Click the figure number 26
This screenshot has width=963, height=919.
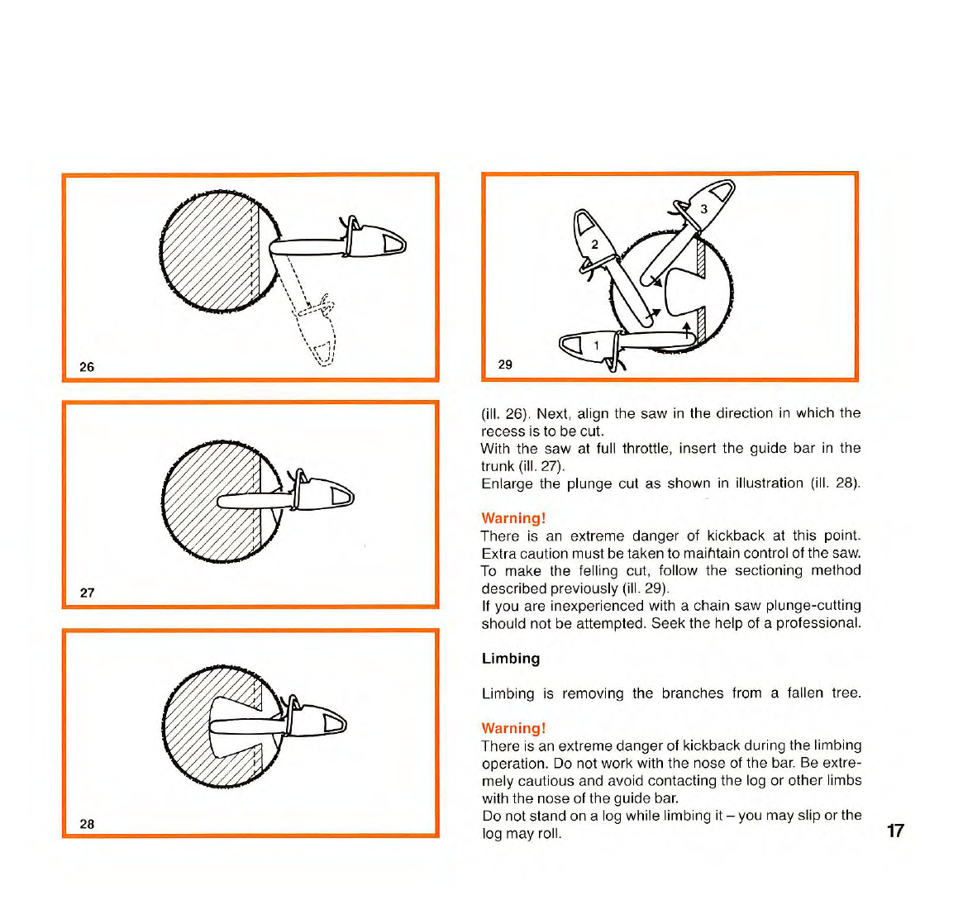(87, 367)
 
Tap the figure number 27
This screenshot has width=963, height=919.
(87, 593)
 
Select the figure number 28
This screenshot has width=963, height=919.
(87, 824)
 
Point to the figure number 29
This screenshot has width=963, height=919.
(505, 364)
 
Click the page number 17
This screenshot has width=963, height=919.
(895, 831)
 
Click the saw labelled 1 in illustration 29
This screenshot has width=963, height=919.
(590, 345)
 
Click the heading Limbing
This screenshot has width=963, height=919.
(511, 659)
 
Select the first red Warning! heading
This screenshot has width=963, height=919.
(513, 518)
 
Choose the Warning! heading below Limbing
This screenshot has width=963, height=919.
(513, 728)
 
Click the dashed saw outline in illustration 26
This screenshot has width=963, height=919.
(318, 331)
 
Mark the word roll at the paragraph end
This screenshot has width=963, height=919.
(548, 833)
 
